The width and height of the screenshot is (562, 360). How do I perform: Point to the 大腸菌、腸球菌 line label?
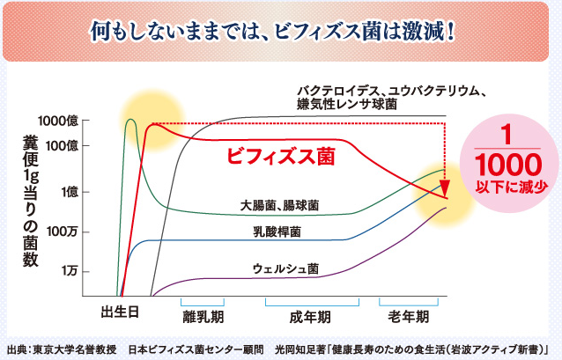click(279, 205)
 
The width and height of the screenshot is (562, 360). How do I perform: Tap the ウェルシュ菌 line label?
click(285, 268)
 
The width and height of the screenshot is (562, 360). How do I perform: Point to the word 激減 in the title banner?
click(407, 33)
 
